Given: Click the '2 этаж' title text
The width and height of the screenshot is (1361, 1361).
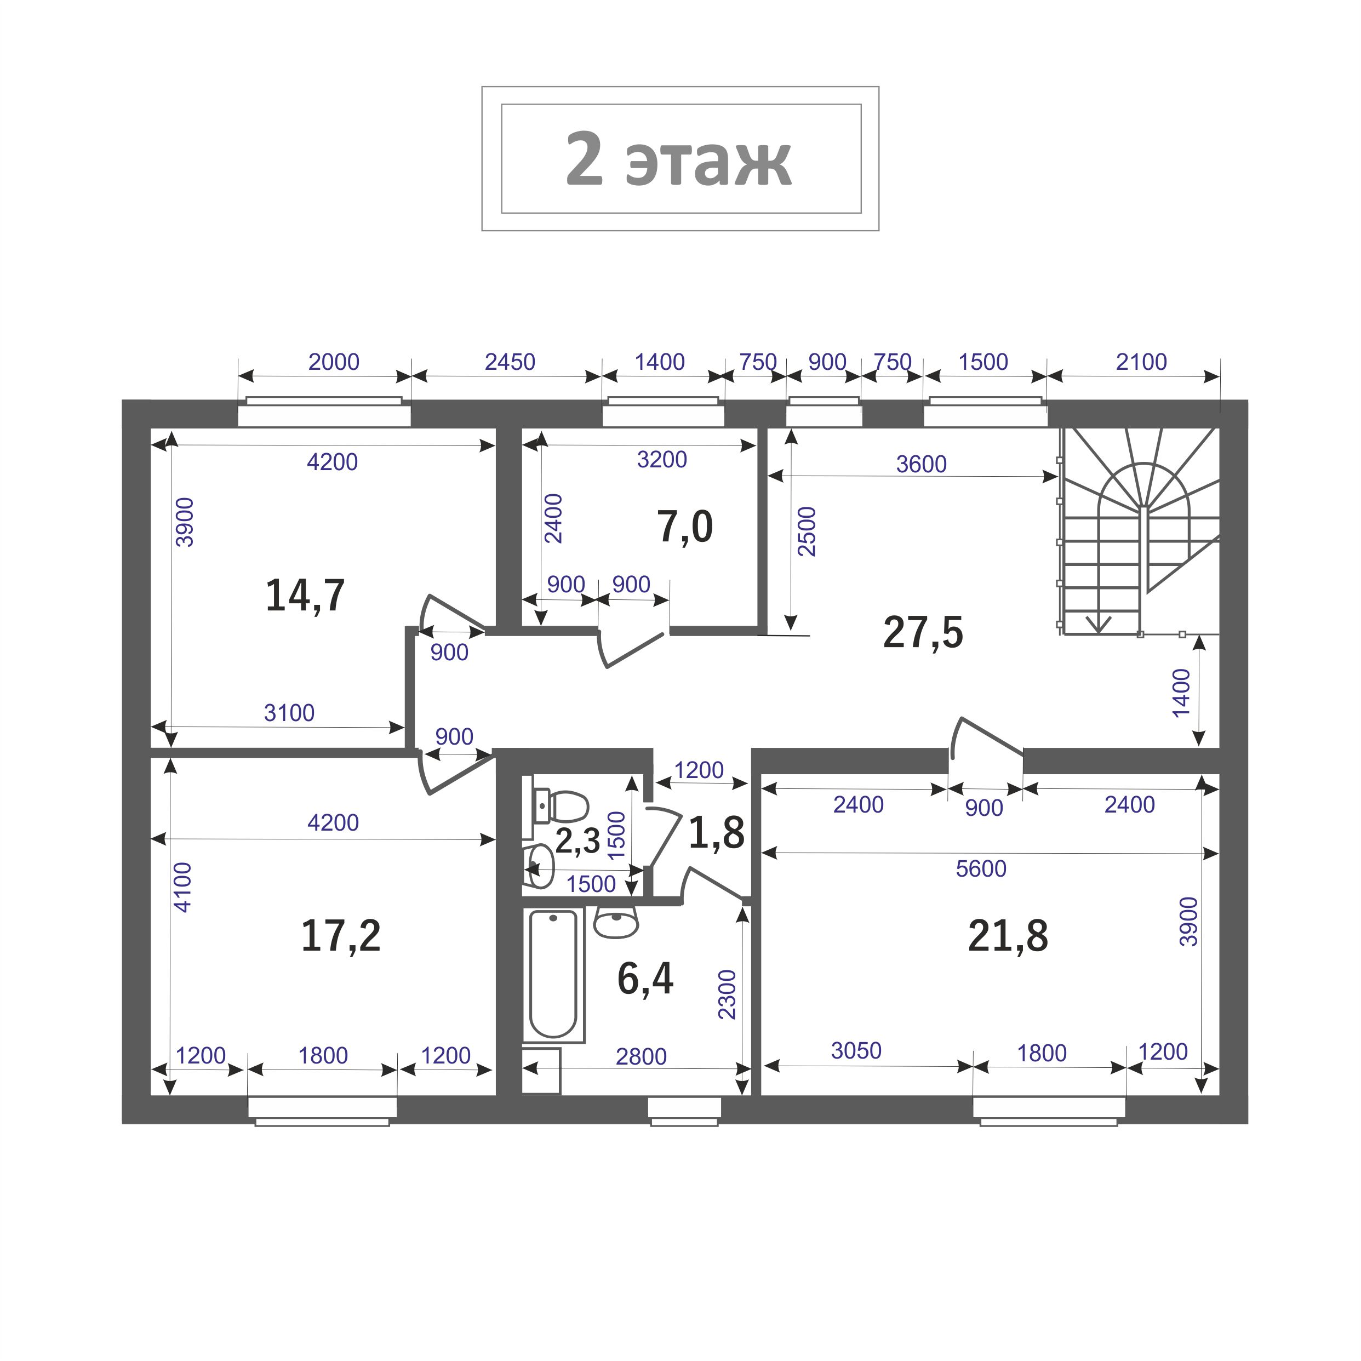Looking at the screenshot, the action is [x=678, y=159].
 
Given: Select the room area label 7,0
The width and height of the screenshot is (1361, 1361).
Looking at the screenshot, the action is [x=685, y=527].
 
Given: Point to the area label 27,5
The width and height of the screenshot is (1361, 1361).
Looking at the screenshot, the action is [x=923, y=632].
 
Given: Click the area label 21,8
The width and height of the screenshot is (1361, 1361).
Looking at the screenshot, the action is [x=1008, y=936].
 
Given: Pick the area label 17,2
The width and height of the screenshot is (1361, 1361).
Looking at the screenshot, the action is [x=341, y=936].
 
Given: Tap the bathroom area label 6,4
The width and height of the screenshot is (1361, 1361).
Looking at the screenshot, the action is [x=645, y=978].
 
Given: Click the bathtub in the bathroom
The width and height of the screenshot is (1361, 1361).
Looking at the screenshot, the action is [x=554, y=974].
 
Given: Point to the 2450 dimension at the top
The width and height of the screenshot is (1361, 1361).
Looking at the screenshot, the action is [x=510, y=362].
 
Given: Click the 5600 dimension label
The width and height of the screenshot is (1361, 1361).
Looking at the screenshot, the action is [x=981, y=868].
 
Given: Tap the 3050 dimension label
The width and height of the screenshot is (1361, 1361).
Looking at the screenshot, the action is [x=856, y=1050].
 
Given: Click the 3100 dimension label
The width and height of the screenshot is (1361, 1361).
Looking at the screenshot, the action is [x=289, y=713].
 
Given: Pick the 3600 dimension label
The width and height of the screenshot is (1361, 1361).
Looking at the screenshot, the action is [x=922, y=464].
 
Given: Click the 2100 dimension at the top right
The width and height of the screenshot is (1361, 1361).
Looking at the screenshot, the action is [x=1141, y=362].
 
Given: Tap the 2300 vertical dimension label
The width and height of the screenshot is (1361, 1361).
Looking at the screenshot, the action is [x=727, y=994].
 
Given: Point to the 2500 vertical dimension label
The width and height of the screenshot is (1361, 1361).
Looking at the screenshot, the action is [x=807, y=532].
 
